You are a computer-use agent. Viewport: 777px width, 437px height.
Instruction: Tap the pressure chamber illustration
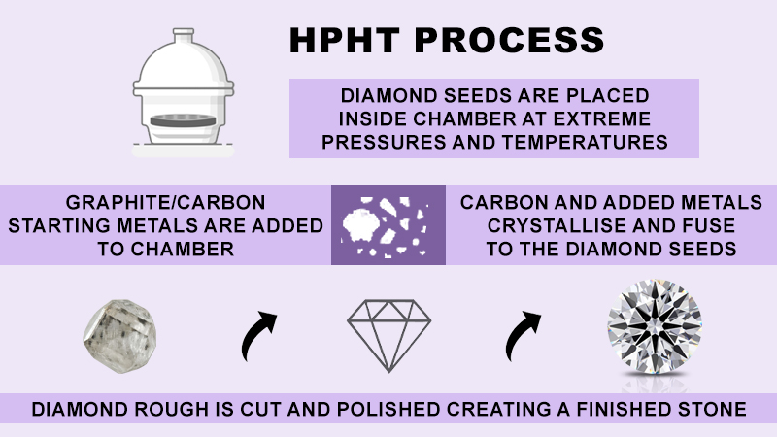(x=186, y=97)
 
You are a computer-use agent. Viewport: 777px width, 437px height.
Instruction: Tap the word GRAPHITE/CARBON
(x=166, y=204)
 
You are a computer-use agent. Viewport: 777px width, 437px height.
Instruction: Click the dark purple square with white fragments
(x=388, y=225)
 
